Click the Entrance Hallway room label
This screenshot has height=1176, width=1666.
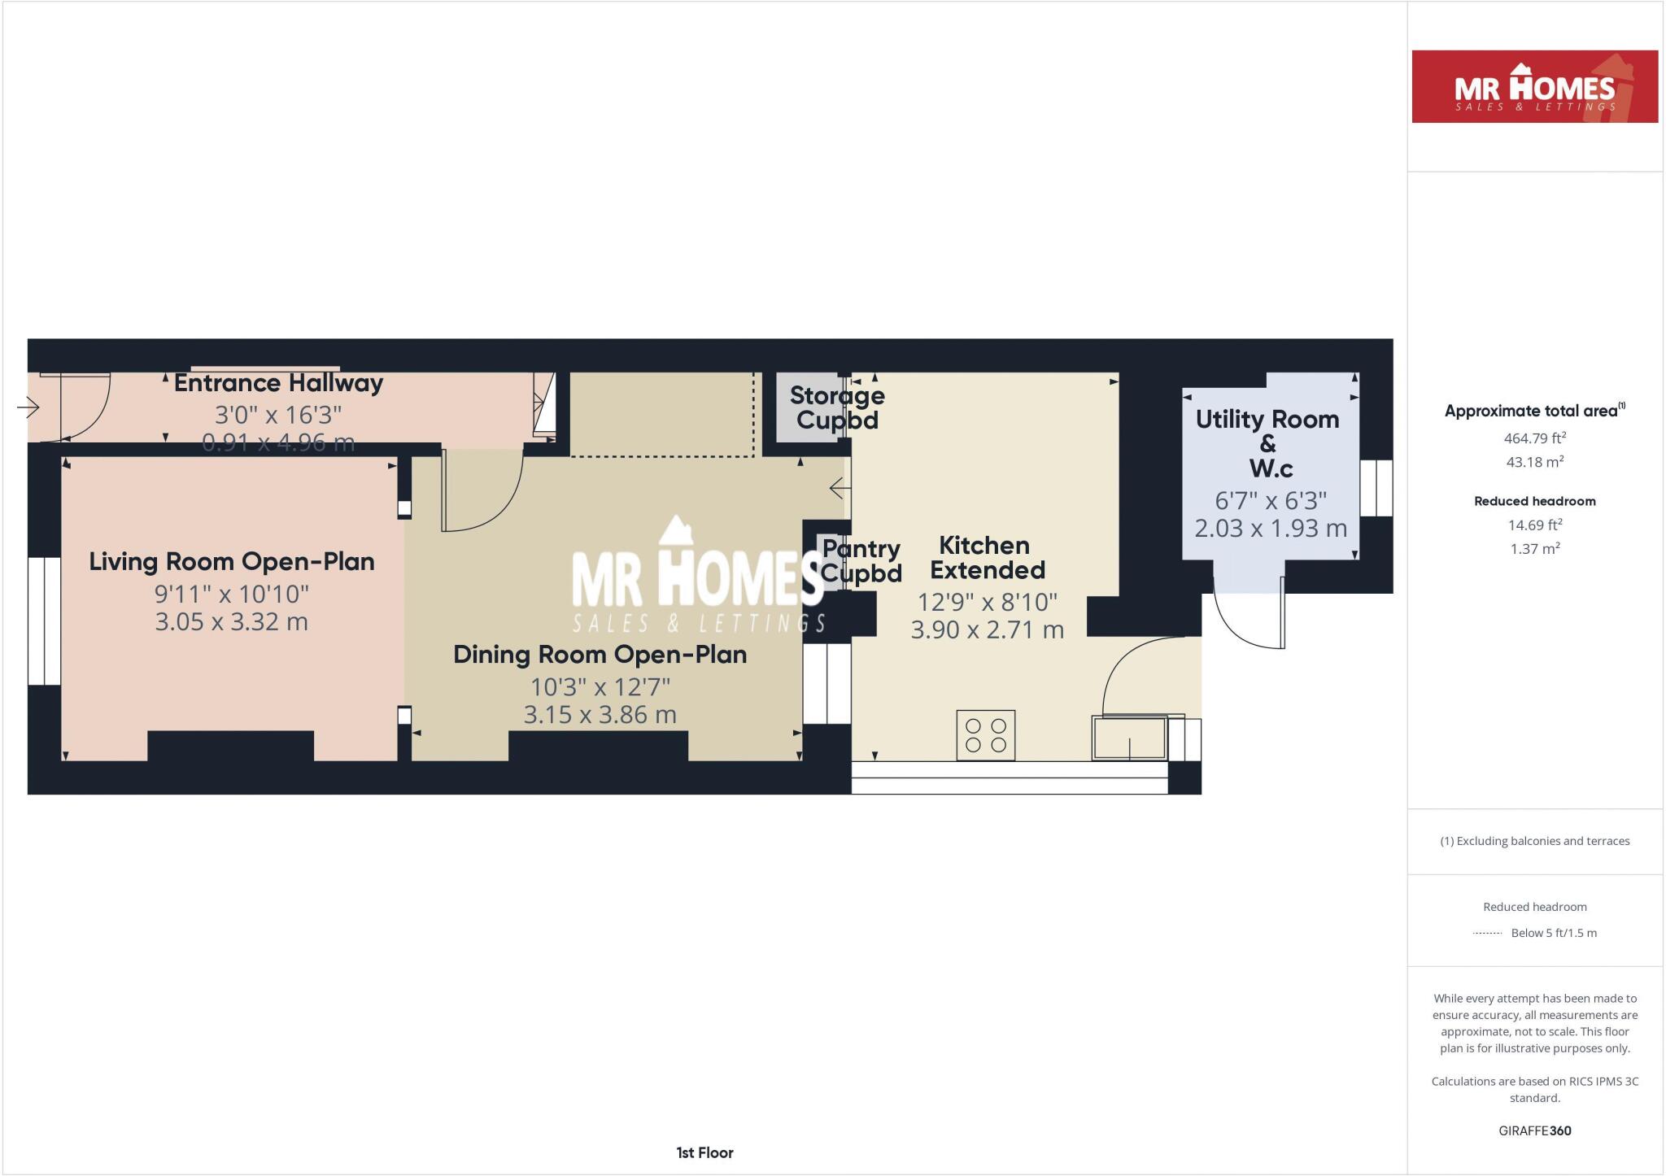[278, 383]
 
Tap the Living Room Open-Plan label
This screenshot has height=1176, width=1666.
[232, 562]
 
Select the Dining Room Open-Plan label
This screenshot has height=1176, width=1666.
[600, 655]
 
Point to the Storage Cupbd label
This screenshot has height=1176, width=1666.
[837, 407]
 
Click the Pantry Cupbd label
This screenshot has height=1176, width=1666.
[861, 561]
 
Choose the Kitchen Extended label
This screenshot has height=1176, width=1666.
[987, 558]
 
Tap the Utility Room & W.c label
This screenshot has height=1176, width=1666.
[1267, 443]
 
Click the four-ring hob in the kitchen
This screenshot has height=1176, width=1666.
[986, 734]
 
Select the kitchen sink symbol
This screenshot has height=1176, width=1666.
[1129, 738]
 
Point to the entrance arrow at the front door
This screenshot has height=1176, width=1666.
[28, 406]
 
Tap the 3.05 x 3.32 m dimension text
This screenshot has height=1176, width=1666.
[232, 622]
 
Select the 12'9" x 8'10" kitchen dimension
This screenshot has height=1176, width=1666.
[987, 603]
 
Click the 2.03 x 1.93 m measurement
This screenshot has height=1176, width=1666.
[1271, 529]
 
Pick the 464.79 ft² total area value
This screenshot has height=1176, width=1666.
[1534, 438]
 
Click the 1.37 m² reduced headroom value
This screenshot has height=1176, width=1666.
[1534, 549]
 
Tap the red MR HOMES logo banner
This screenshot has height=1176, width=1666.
[1534, 87]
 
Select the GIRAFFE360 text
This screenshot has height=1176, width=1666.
[1534, 1130]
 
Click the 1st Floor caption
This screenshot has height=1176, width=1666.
[704, 1152]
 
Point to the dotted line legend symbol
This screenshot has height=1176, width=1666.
[1487, 934]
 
